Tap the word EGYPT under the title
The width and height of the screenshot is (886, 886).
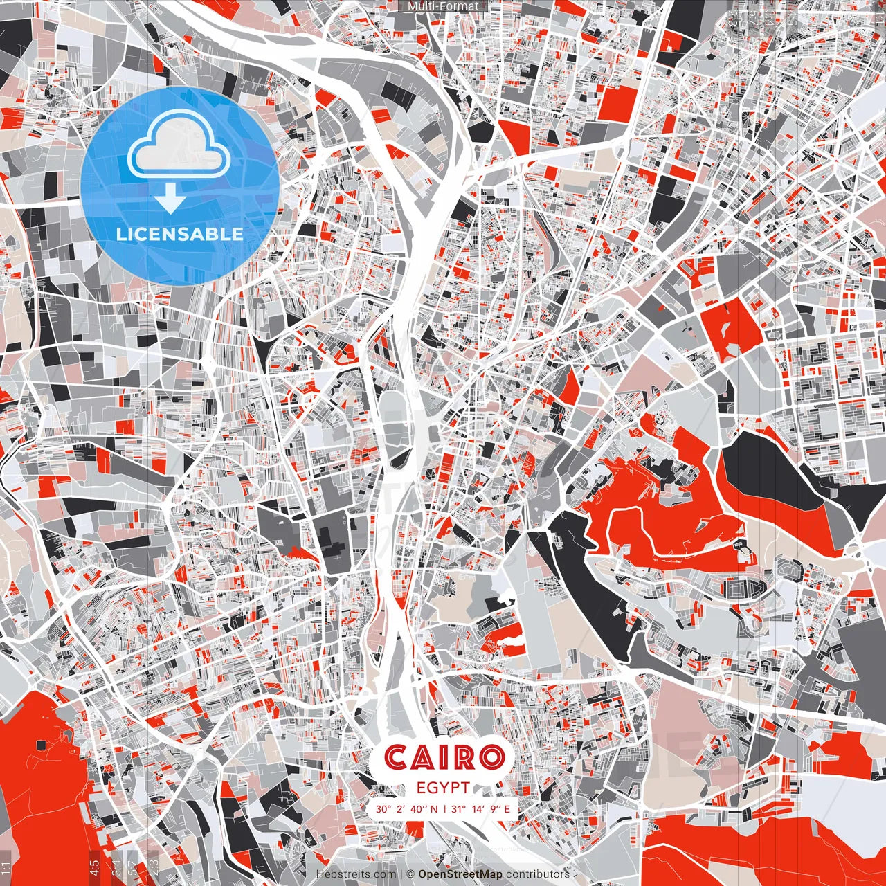coord(443,788)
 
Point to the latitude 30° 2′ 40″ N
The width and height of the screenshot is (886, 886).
coord(407,808)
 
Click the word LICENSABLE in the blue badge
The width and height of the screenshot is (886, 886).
coord(180,234)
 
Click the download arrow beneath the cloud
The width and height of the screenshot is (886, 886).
coord(170,199)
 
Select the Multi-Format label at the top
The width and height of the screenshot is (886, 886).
coord(443,6)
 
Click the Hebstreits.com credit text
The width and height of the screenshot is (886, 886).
coord(356,874)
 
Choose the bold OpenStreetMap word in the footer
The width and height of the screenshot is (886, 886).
coord(460,874)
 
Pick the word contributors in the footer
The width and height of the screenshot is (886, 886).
coord(538,874)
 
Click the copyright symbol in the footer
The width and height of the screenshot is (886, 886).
coord(410,874)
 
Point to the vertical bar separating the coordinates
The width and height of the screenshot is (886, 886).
coord(444,808)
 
